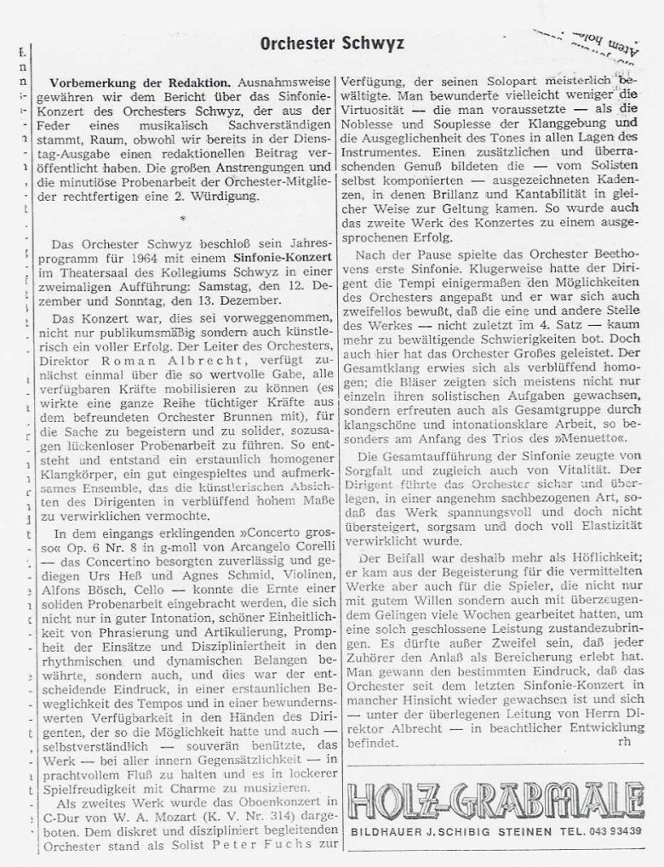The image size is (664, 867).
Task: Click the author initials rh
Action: (625, 742)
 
